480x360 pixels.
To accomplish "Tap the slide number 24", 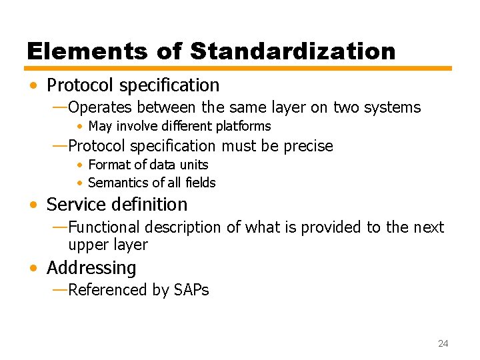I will coord(443,343).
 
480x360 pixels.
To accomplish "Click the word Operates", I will coord(100,107).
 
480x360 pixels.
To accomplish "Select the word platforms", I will coord(241,126).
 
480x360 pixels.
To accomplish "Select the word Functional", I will coord(104,227).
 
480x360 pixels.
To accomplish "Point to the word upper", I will coord(89,245).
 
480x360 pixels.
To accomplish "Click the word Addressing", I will coord(91,268).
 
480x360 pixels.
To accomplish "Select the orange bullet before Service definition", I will coord(33,205).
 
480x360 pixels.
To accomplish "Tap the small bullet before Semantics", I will coord(79,183).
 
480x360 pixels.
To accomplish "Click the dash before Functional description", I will coord(59,227).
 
